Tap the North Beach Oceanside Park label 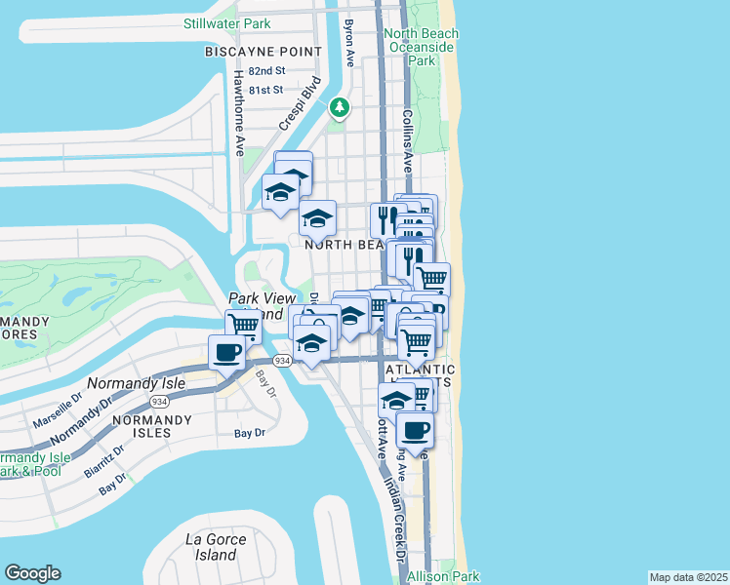point(422,47)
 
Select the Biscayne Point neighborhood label point(264,51)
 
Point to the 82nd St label point(265,71)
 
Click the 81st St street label point(265,90)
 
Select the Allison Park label point(444,576)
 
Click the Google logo point(32,573)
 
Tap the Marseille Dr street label point(58,414)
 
